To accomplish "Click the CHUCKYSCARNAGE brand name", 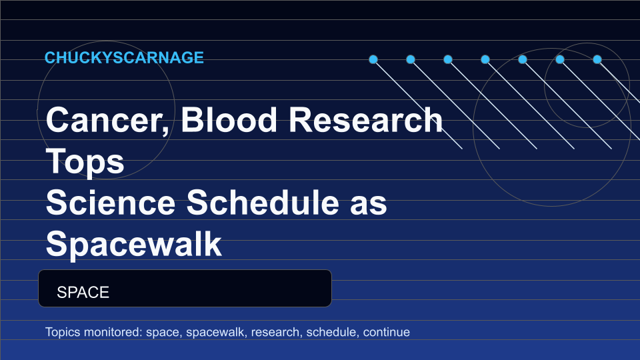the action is click(x=124, y=57).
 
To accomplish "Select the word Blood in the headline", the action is click(x=229, y=119).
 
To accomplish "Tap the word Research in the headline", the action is click(x=366, y=119).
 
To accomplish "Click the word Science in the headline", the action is click(x=111, y=203).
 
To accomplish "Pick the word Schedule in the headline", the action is click(x=263, y=203).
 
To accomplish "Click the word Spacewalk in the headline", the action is click(x=134, y=245).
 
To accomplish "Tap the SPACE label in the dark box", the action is click(x=83, y=292).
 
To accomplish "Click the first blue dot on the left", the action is click(x=373, y=59).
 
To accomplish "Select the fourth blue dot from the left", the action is click(x=485, y=59).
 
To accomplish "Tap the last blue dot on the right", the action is click(x=597, y=59).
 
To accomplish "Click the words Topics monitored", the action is click(x=93, y=332).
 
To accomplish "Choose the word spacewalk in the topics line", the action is click(x=216, y=332).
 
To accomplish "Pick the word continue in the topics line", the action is click(x=386, y=332).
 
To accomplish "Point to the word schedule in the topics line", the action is click(x=332, y=332).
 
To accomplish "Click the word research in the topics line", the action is click(x=276, y=332).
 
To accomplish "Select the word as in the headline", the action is click(x=369, y=205).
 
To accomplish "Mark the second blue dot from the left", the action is click(x=411, y=59).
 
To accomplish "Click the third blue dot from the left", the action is click(x=448, y=59).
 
